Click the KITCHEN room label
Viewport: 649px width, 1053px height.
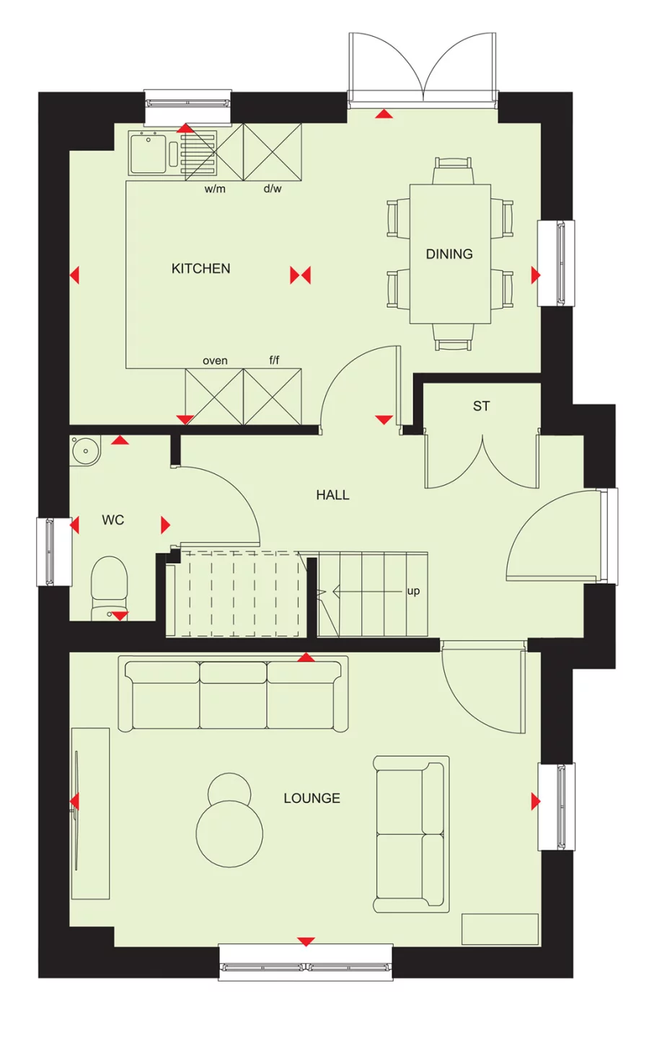(x=200, y=269)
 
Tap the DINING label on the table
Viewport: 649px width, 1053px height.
(x=449, y=254)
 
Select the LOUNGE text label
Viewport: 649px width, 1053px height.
(x=312, y=799)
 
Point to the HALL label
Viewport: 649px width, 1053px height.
(x=332, y=495)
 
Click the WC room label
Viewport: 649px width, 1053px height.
(x=112, y=520)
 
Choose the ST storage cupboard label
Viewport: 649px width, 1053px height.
(x=481, y=406)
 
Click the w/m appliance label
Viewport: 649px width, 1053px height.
(x=215, y=190)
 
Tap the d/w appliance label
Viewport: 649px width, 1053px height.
(x=273, y=190)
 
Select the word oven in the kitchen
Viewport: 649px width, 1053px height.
(x=215, y=361)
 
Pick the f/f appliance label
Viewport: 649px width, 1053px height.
(x=274, y=360)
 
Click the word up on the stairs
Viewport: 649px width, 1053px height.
(x=413, y=591)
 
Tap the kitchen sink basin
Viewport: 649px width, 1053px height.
(x=149, y=153)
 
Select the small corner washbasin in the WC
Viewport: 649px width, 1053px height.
(x=84, y=451)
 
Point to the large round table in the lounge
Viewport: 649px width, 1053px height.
(x=229, y=834)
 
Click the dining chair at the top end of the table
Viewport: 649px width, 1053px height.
(x=454, y=171)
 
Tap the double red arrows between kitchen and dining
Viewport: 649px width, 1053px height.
(x=300, y=275)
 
